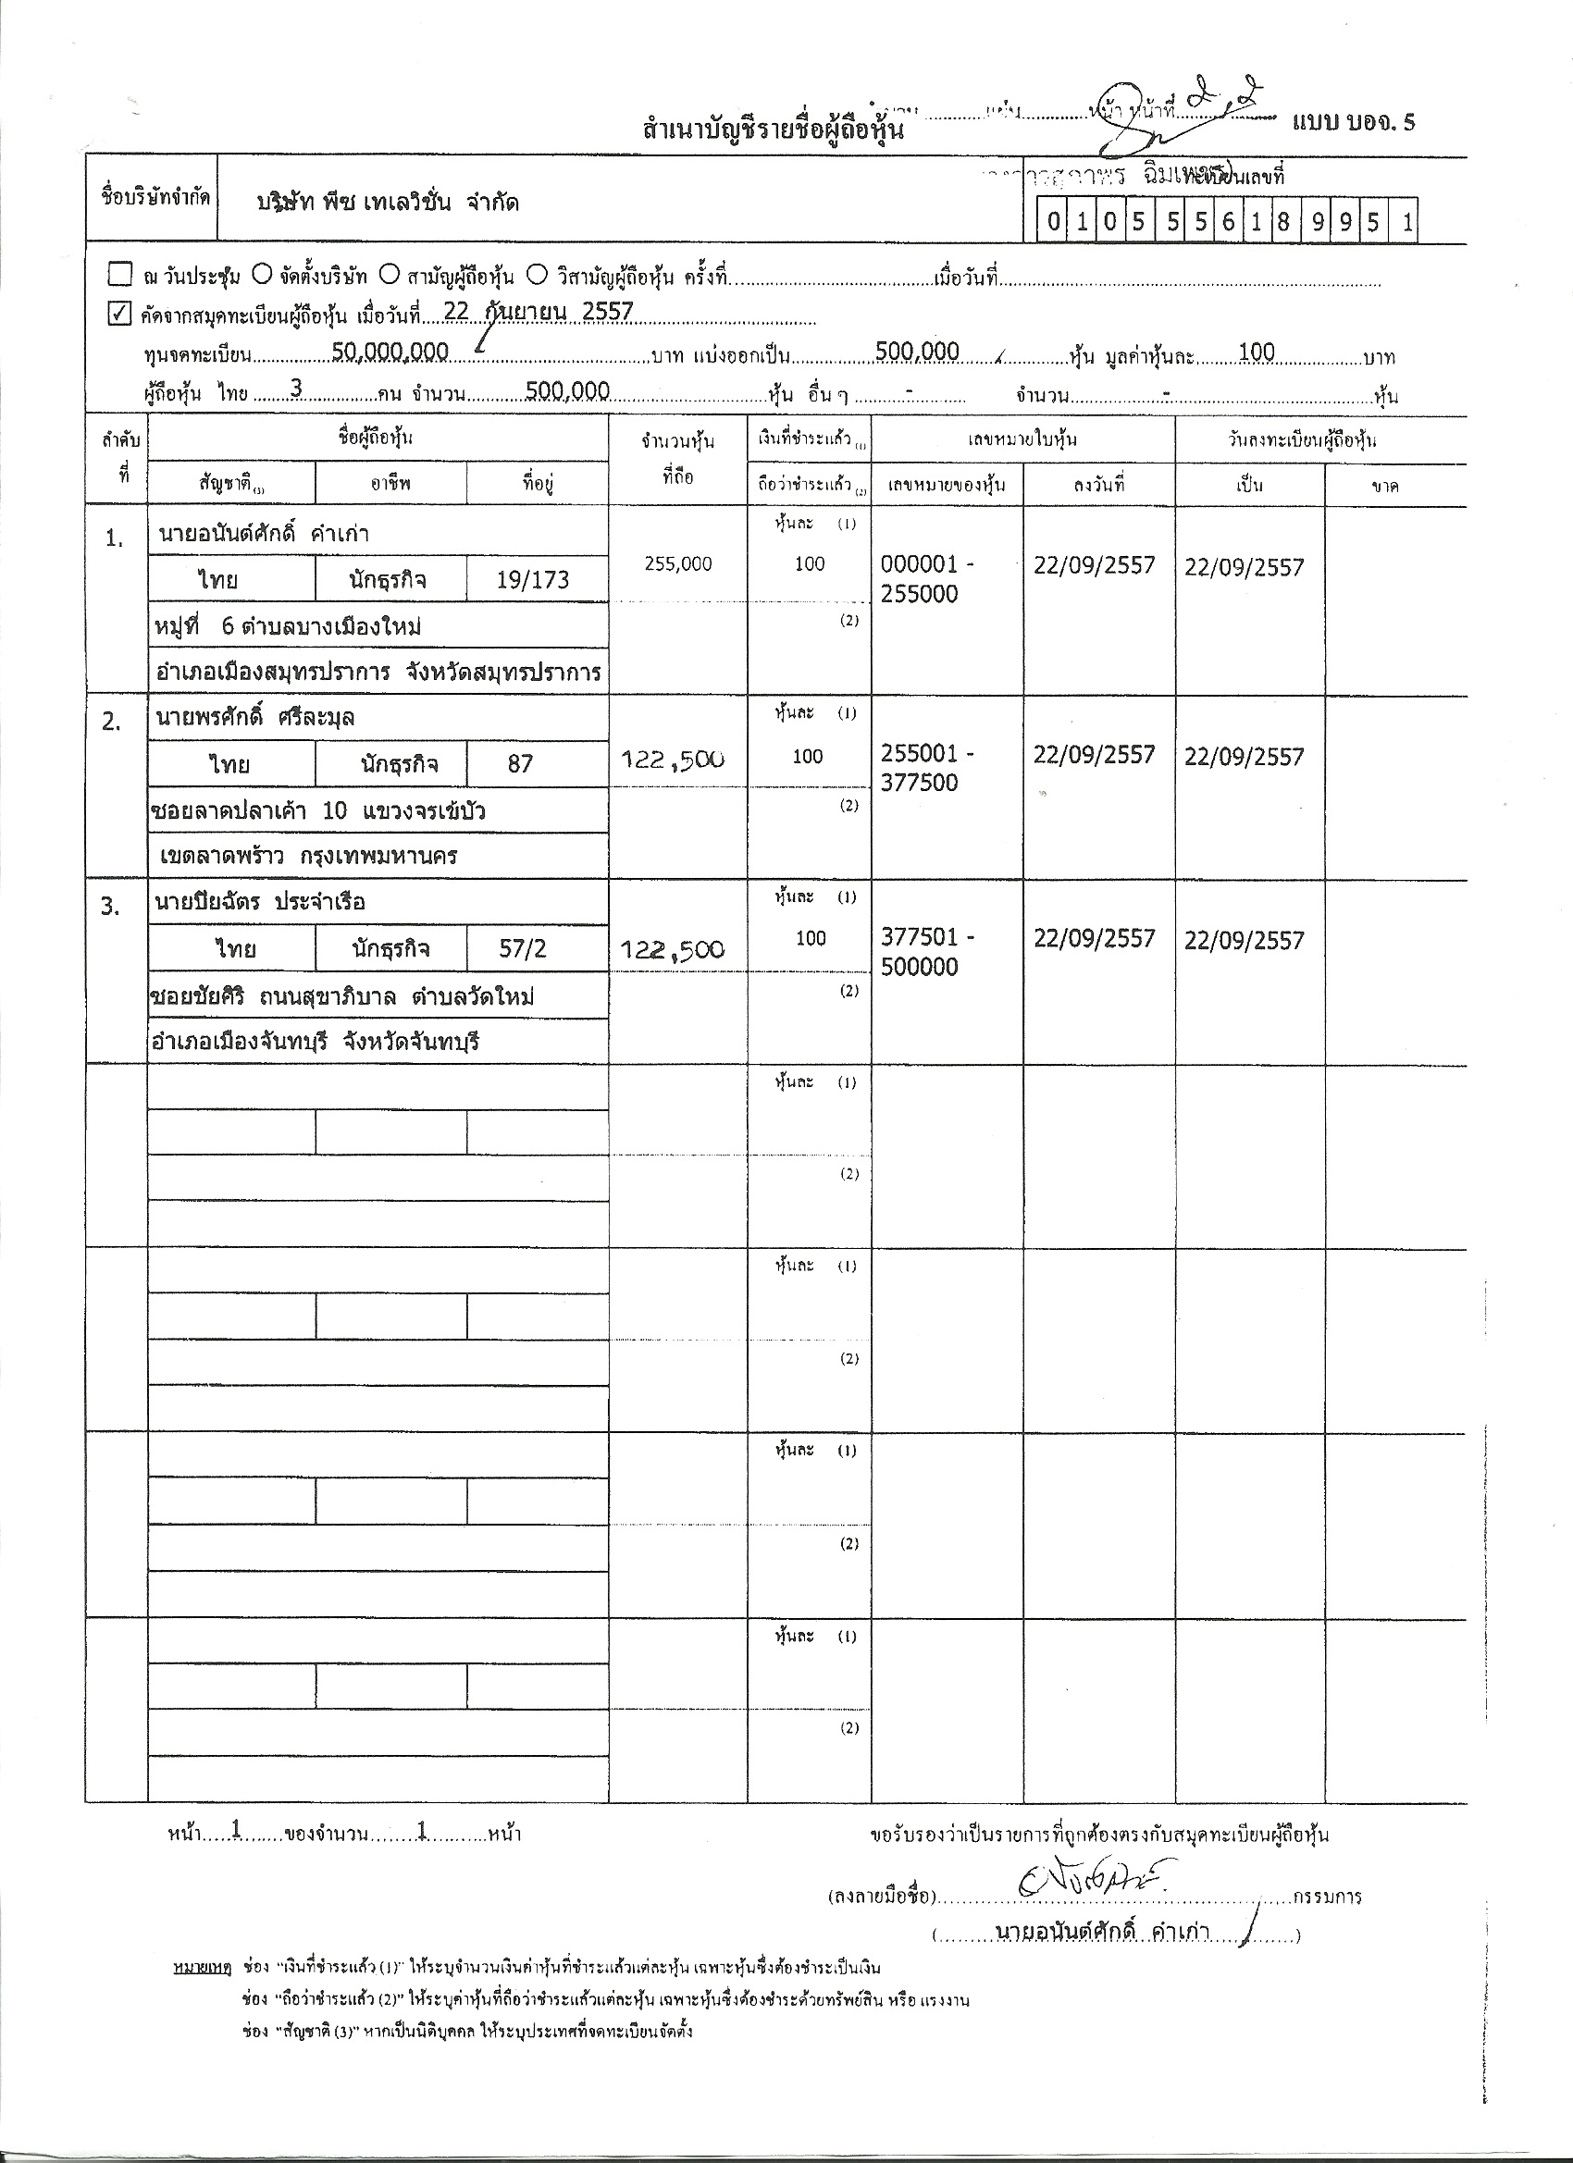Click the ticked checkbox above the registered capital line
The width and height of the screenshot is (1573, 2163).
pos(118,314)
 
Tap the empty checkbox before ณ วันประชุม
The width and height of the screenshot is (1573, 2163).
pos(119,276)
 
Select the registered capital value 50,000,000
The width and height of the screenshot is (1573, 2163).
pos(390,352)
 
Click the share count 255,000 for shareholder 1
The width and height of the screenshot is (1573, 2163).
pos(677,563)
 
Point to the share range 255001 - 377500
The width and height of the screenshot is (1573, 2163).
pos(927,769)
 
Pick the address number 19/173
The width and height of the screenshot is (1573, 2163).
pos(532,580)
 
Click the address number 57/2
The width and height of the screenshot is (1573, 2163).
pos(523,948)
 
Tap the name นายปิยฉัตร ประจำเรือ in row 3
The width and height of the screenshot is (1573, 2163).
pos(260,902)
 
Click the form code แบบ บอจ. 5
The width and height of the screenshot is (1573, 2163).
pos(1354,123)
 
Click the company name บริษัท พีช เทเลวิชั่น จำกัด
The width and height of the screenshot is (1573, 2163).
pos(389,204)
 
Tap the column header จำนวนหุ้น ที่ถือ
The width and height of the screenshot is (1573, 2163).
pos(677,459)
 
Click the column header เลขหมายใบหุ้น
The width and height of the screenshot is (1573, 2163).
pos(1022,439)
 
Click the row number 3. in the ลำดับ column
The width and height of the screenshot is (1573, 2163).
pos(112,907)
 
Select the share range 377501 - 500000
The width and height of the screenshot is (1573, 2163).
pos(927,952)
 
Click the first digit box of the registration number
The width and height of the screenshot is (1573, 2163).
pos(1053,222)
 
